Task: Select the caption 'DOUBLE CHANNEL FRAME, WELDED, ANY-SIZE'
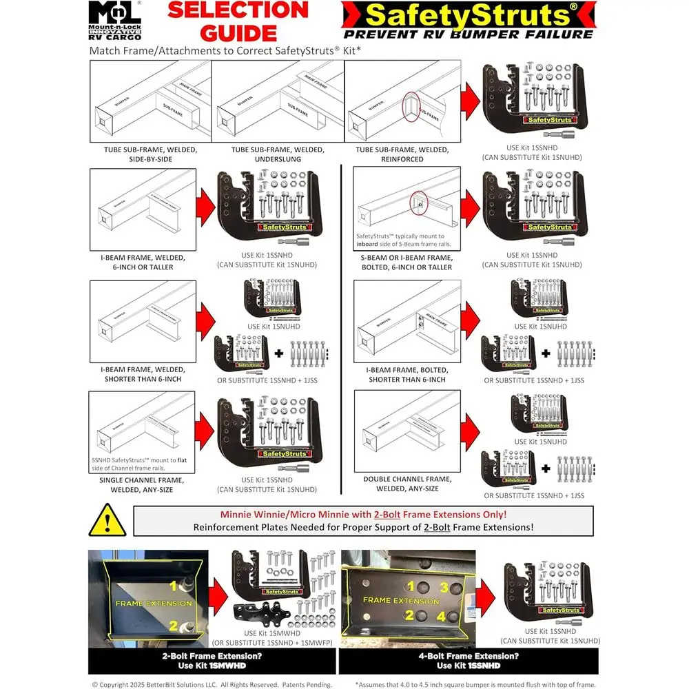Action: coord(407,484)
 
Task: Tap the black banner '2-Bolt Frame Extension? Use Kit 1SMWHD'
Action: coord(211,661)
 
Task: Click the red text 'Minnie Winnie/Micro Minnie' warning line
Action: coord(364,515)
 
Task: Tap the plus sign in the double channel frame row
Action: coord(545,470)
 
